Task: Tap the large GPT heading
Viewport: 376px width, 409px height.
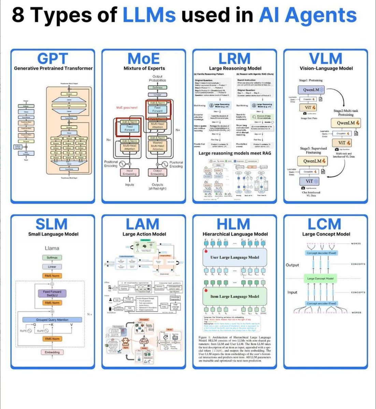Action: tap(53, 59)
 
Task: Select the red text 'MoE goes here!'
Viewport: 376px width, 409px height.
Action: tap(127, 108)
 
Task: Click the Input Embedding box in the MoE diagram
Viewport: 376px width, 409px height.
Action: tap(130, 172)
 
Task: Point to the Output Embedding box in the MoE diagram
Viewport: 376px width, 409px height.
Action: tap(157, 172)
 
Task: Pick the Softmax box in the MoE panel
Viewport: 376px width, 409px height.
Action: tap(157, 87)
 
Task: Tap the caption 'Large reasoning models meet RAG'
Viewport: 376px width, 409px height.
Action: tap(235, 153)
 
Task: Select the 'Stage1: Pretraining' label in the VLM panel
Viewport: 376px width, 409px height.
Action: tap(311, 81)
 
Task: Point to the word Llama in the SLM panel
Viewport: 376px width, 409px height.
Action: tap(52, 248)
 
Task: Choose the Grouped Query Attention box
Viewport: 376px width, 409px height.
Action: tap(52, 320)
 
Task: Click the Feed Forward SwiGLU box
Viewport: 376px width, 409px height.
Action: tap(52, 293)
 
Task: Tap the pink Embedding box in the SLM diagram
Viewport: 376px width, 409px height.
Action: tap(52, 352)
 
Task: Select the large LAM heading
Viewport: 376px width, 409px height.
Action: tap(142, 224)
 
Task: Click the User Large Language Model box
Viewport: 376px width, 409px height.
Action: tap(234, 258)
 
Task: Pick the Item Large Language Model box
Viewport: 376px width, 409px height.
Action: tap(234, 296)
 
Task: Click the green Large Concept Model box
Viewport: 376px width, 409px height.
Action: tap(320, 278)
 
